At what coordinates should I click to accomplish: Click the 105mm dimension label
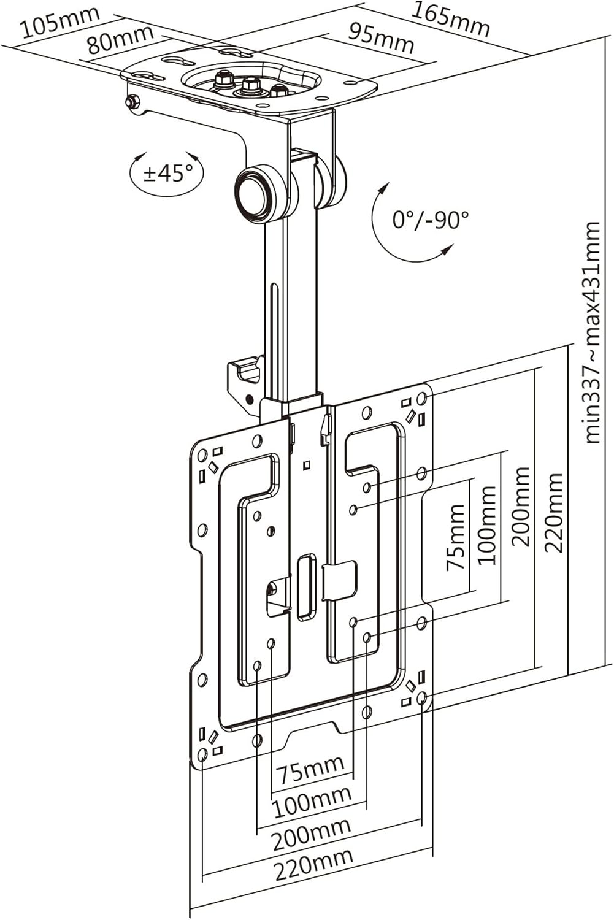[59, 23]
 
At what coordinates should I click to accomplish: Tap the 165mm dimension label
[450, 20]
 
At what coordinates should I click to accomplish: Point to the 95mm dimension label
[381, 39]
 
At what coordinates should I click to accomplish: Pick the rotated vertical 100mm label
[486, 525]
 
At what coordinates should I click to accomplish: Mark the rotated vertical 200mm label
[521, 506]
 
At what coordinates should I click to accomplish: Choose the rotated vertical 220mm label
[555, 512]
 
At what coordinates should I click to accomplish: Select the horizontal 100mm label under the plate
[312, 802]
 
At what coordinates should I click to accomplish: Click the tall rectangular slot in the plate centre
[305, 586]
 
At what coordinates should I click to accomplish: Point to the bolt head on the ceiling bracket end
[131, 102]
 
